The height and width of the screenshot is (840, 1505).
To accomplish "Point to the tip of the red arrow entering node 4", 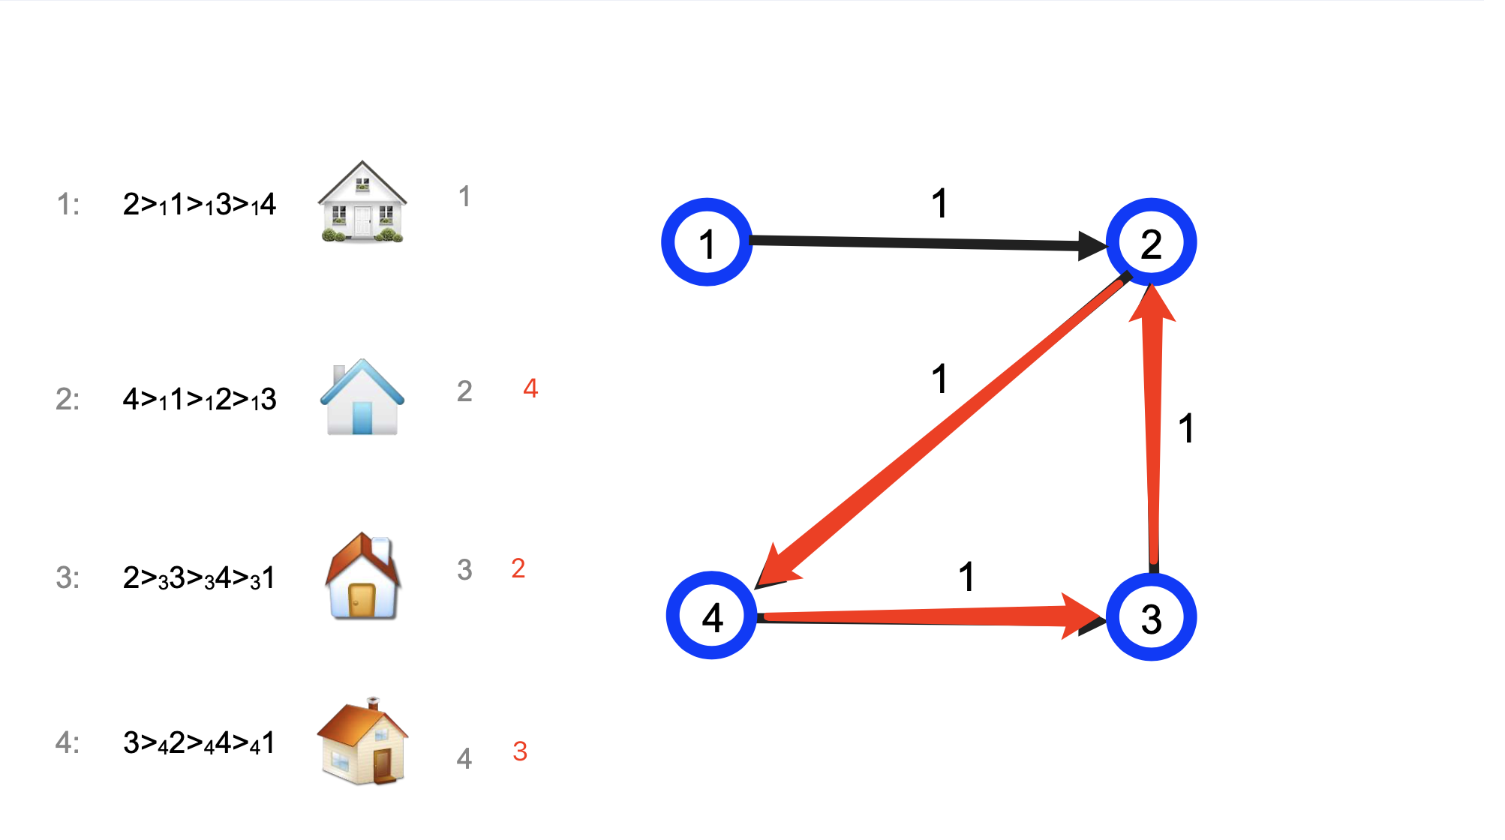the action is pos(756,586).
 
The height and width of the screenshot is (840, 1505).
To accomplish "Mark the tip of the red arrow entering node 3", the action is pos(1103,617).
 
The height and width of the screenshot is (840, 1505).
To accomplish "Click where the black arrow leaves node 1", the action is pos(750,240).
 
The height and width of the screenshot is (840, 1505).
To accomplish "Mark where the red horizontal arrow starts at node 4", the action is pos(764,617).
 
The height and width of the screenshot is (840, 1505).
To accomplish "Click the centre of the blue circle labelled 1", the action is pos(706,242).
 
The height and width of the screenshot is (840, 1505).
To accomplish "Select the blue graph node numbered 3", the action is pos(1152,617).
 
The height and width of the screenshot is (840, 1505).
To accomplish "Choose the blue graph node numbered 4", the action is pos(712,616).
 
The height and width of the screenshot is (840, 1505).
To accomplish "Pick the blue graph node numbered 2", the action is pos(1152,242).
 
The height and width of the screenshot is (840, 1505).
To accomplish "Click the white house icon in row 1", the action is pos(362,202).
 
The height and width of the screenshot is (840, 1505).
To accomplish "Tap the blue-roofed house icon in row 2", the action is pos(362,397).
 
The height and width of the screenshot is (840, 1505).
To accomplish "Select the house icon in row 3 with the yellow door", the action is pos(363,576).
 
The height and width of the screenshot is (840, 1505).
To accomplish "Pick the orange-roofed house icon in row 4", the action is pos(362,741).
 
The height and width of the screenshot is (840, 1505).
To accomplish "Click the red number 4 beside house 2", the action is pos(530,388).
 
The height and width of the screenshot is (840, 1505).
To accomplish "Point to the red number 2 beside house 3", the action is pos(518,568).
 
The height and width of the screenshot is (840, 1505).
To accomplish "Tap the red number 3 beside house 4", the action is pos(520,751).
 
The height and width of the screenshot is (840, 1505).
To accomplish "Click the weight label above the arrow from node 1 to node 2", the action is pos(939,203).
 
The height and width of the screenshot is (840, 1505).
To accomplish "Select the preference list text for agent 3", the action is pos(200,578).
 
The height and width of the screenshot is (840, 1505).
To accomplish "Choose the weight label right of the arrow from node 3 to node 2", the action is pos(1185,428).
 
